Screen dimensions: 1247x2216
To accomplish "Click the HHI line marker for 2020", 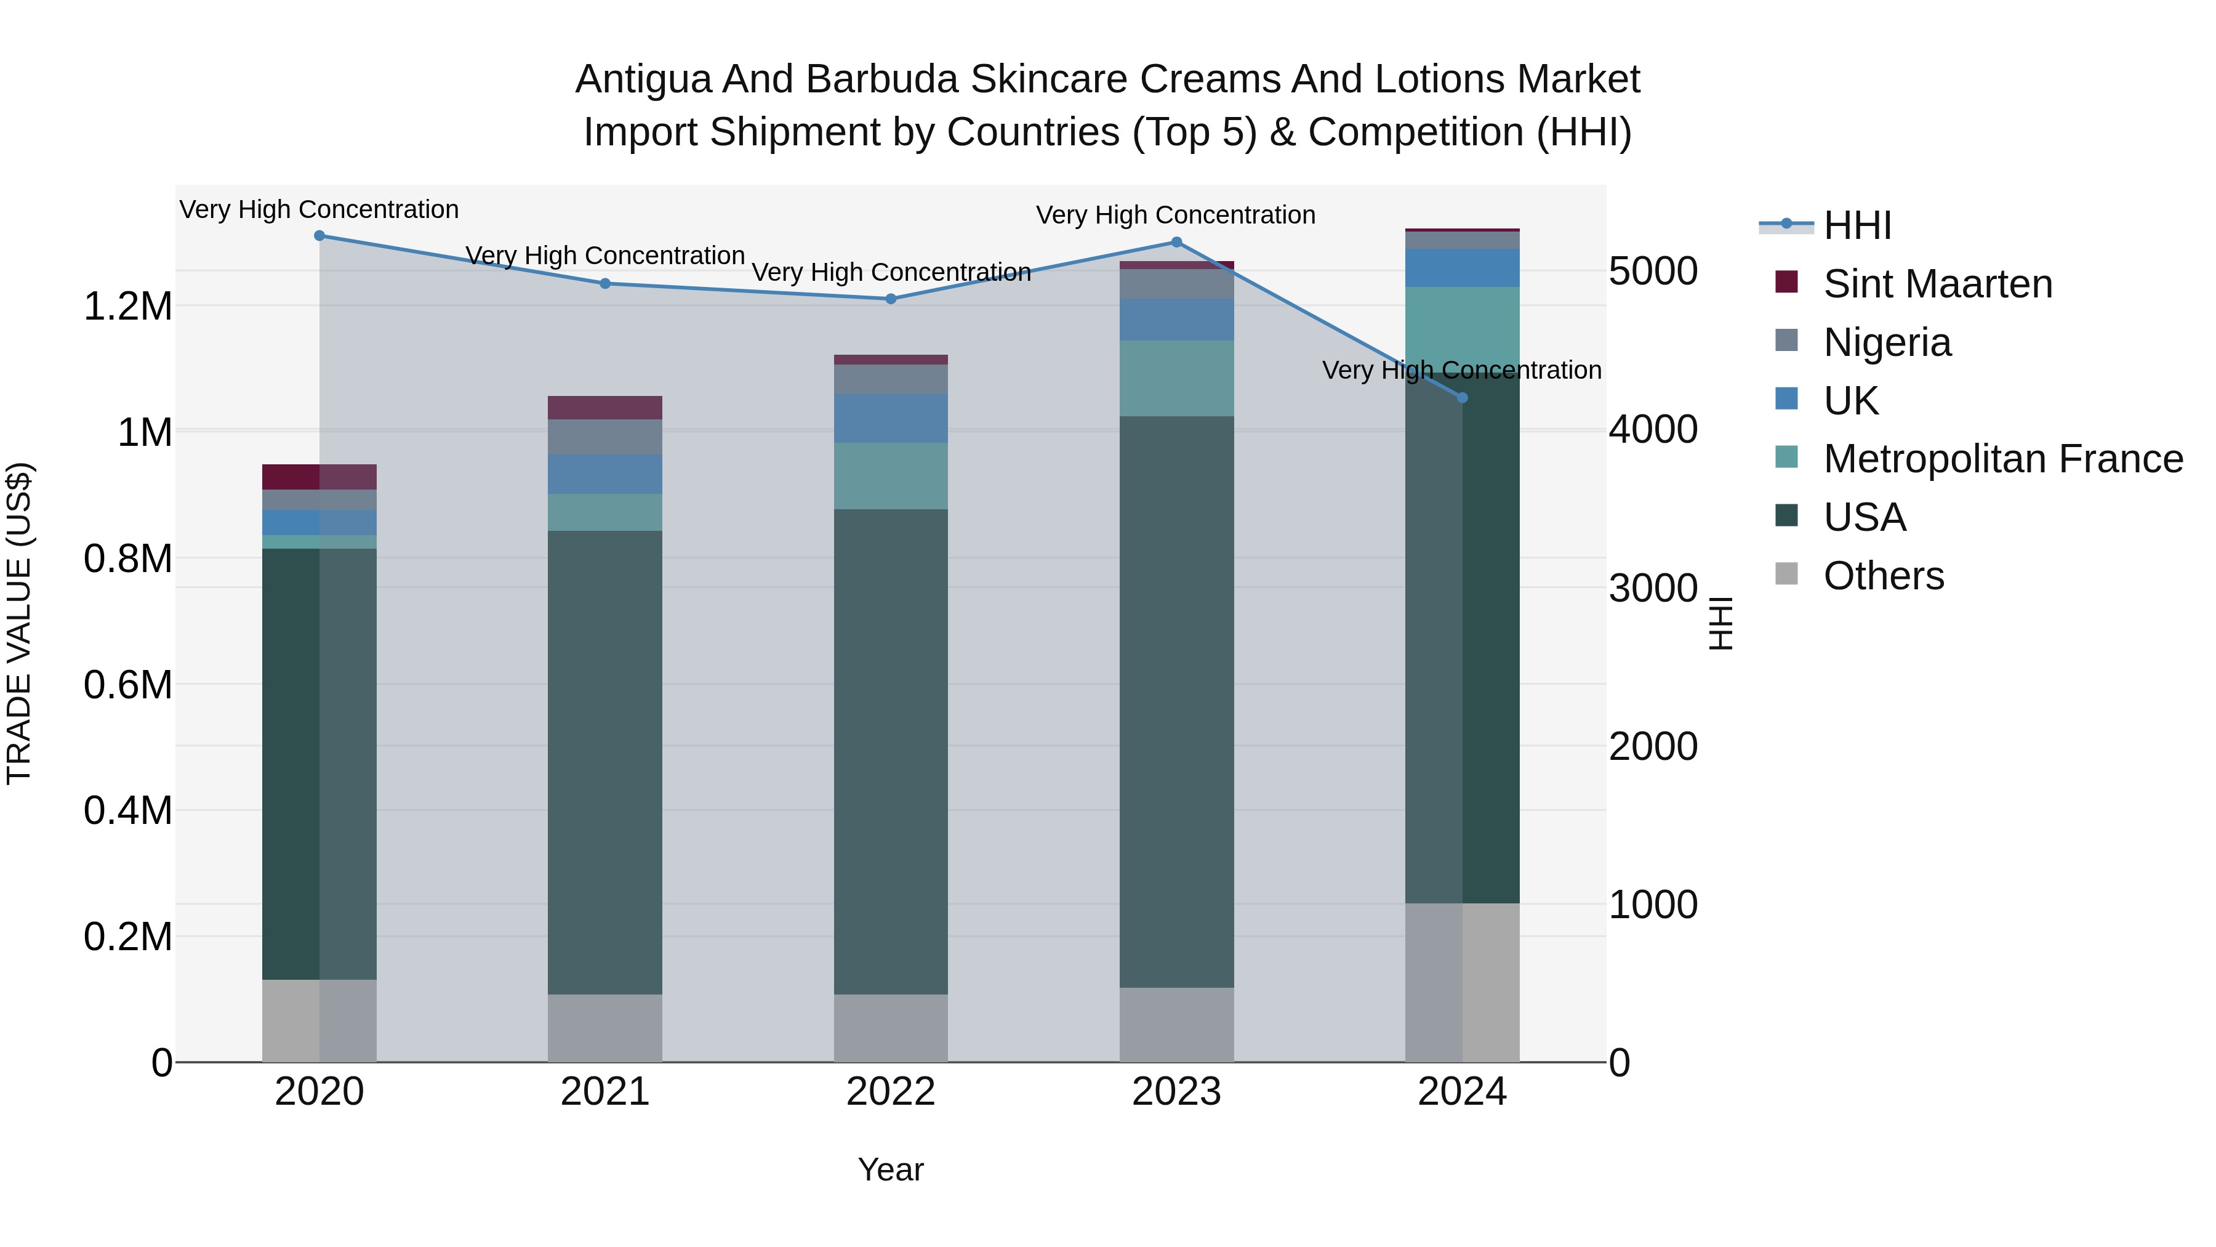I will click(319, 236).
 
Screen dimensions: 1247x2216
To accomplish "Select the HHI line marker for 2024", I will click(1463, 398).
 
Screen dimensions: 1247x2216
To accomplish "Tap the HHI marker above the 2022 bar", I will click(891, 299).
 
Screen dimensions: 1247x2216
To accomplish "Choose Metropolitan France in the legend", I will click(2002, 459).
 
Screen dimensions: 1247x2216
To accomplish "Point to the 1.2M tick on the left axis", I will click(128, 307).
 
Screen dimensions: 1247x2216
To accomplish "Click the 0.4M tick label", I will click(128, 810).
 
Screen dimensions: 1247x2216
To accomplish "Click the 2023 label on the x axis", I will click(1176, 1092).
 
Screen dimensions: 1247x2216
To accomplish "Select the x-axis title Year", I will click(890, 1169).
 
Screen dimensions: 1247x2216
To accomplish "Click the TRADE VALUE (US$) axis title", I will click(20, 623).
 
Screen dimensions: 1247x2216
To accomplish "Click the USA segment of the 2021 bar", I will click(604, 762).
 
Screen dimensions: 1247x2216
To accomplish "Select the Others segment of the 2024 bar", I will click(1463, 982).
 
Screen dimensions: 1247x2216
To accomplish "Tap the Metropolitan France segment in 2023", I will click(1176, 378).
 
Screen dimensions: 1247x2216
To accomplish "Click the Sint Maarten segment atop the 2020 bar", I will click(319, 477).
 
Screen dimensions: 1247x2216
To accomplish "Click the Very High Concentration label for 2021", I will click(604, 256).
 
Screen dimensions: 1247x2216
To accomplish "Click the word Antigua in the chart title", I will click(643, 79).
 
